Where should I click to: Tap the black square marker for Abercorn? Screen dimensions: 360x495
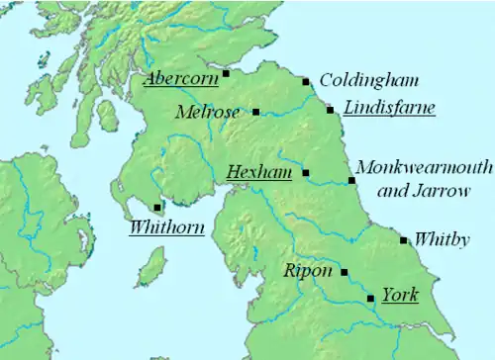click(226, 72)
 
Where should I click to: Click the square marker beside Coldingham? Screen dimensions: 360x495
click(306, 82)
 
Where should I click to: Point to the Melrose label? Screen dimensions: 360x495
click(207, 112)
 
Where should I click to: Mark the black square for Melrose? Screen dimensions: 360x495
click(256, 112)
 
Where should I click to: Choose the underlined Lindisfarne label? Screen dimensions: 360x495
click(389, 108)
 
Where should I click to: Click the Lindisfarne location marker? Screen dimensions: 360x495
click(331, 110)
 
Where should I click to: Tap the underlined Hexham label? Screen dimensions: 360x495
click(259, 172)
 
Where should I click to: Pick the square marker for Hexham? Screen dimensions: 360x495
click(305, 173)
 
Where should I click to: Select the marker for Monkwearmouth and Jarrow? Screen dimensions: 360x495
click(352, 180)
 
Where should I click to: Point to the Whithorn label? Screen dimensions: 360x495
click(166, 227)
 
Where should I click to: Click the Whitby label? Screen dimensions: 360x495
click(442, 239)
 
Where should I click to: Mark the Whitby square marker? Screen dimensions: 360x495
click(403, 239)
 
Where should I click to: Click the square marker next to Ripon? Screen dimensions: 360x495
click(345, 271)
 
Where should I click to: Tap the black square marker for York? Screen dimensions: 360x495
click(370, 298)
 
